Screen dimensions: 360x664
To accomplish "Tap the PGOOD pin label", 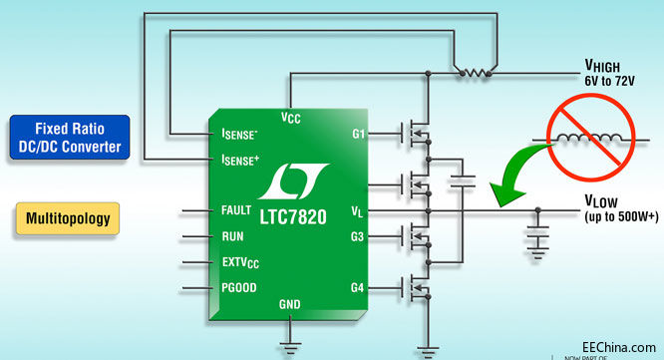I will (x=238, y=289).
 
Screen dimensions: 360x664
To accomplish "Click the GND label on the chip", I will (x=289, y=304).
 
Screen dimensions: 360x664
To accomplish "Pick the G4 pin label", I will (x=358, y=288).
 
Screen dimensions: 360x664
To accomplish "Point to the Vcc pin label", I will (x=290, y=118).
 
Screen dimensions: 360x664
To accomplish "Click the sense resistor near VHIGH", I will (x=472, y=73).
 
